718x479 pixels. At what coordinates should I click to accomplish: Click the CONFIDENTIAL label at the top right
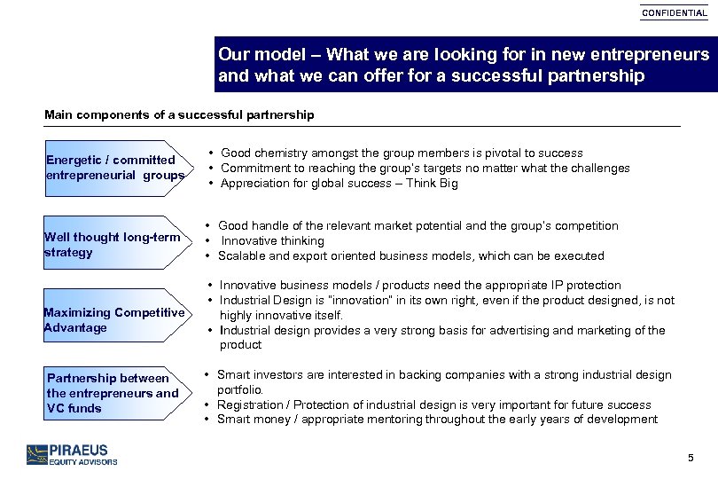[675, 13]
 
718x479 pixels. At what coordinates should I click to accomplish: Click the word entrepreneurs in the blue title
[652, 54]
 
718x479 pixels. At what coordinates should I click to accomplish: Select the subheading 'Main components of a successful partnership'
[179, 115]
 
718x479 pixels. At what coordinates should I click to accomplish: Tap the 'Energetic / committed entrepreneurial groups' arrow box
[114, 168]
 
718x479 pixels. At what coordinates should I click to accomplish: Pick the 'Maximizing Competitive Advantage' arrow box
[114, 319]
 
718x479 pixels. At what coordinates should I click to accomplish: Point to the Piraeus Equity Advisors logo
[72, 454]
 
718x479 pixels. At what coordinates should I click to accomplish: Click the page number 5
[691, 458]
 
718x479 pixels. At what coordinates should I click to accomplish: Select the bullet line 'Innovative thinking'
[273, 241]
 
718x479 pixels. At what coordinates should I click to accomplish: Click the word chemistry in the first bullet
[284, 153]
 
